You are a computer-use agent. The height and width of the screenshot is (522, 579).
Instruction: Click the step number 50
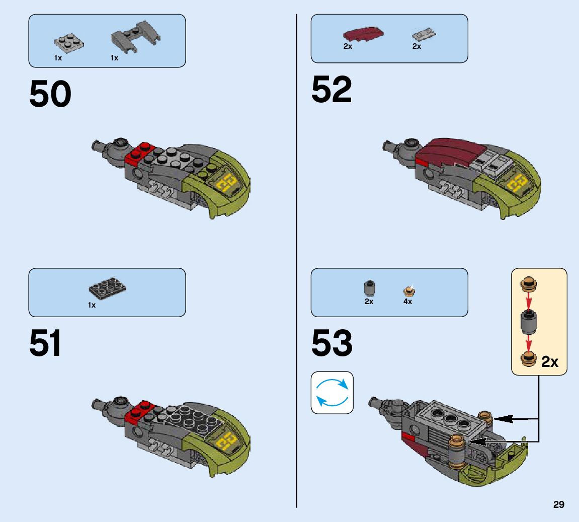click(x=50, y=95)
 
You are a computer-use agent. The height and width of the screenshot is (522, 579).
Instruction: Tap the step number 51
click(x=45, y=343)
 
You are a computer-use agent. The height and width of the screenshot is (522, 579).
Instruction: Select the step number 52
click(x=332, y=90)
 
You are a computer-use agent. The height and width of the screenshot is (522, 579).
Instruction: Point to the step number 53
click(x=332, y=343)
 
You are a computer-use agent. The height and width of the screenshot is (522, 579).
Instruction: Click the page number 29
click(x=558, y=504)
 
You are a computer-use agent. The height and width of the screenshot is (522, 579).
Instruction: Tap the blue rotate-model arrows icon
click(x=332, y=393)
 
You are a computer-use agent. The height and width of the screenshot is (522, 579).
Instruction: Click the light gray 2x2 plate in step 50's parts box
click(x=69, y=42)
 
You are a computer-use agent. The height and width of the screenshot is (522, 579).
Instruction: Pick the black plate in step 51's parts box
click(x=107, y=288)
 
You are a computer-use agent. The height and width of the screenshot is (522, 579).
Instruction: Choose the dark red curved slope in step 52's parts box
click(x=360, y=35)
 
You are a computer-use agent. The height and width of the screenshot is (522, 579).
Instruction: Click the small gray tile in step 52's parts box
click(x=424, y=35)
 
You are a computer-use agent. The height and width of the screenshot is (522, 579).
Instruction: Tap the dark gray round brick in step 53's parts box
click(x=369, y=288)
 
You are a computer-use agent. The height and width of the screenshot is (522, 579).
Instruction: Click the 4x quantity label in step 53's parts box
click(x=407, y=302)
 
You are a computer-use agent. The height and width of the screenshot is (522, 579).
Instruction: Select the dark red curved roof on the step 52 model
click(x=443, y=151)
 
